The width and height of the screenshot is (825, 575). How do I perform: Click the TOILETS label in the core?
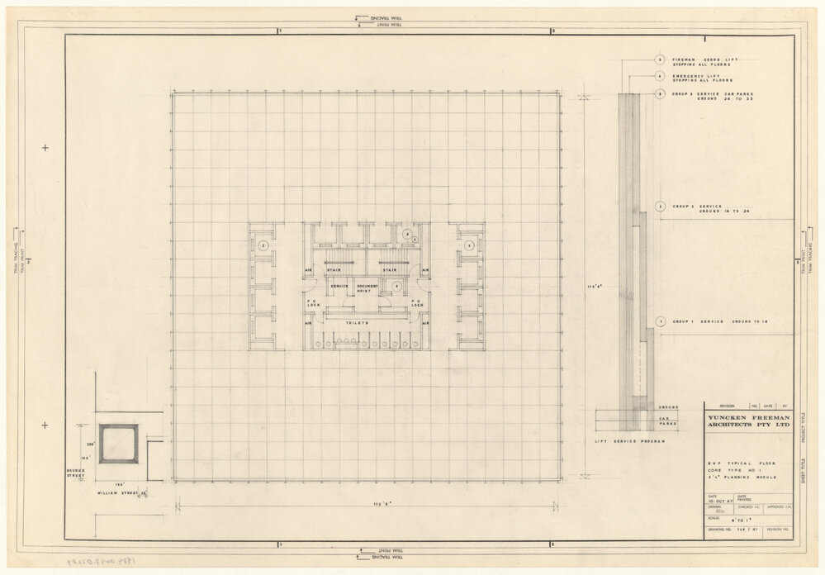coord(365,325)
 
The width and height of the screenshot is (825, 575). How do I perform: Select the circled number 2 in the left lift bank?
coord(263,245)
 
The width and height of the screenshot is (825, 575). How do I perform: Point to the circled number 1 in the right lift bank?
coord(468,245)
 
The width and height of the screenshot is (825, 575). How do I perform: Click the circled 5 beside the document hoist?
coord(397,286)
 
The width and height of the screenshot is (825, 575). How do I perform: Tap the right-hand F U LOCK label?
coord(416,303)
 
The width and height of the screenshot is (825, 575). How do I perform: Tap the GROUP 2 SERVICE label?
coord(699,208)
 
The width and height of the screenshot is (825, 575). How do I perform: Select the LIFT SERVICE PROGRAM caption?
coord(630,442)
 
